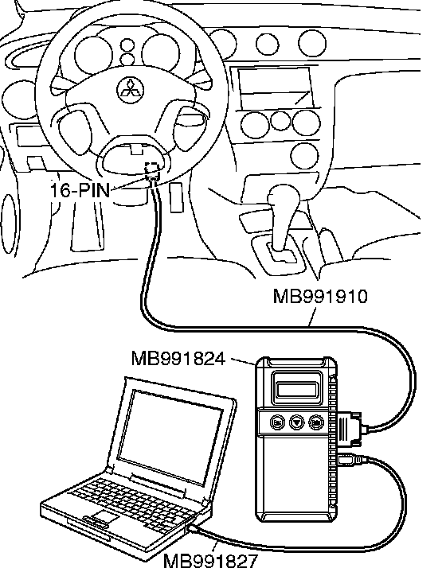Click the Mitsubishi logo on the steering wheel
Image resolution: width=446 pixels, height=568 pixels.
(130, 90)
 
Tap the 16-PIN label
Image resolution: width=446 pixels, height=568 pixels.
(80, 190)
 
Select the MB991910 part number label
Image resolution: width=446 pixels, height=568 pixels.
(320, 296)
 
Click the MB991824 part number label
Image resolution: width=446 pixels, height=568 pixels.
(178, 359)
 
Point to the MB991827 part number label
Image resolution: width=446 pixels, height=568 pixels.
(211, 560)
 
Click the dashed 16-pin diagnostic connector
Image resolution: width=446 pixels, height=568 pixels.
(153, 171)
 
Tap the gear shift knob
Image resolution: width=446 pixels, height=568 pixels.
(284, 198)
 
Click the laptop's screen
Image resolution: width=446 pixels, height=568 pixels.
(170, 437)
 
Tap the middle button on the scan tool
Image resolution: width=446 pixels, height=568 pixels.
(297, 422)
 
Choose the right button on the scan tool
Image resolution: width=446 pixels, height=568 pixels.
(316, 422)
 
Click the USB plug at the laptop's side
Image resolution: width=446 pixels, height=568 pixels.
(194, 528)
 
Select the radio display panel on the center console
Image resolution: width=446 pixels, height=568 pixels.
(276, 88)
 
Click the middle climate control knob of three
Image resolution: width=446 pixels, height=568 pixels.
(280, 122)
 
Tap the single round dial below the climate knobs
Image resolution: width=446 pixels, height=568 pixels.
(305, 156)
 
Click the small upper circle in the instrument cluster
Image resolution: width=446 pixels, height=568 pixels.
(127, 45)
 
